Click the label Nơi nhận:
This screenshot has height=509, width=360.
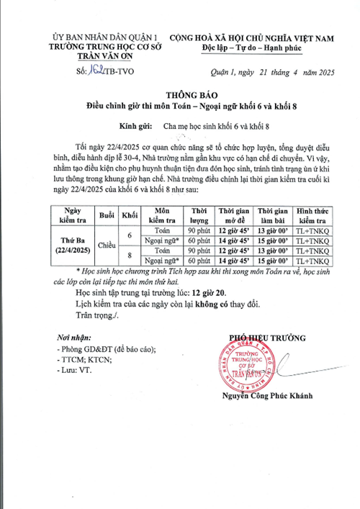[x=74, y=338]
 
